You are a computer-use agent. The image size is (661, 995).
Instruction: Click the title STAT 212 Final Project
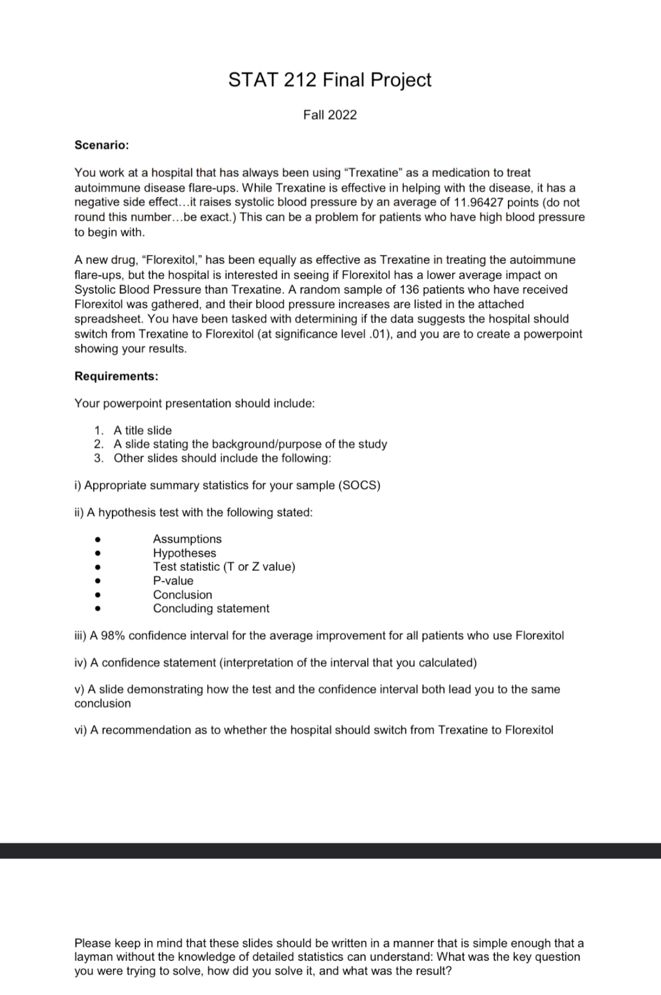330,80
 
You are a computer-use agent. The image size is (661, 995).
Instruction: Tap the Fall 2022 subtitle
330,115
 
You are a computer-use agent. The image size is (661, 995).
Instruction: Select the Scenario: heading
102,145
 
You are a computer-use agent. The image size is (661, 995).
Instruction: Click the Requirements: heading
116,376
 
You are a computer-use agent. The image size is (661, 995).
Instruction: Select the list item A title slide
143,430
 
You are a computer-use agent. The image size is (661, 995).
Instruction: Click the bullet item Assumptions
187,539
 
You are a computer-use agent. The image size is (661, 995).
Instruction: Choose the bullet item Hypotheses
185,553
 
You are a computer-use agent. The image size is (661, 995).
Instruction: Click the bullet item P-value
173,580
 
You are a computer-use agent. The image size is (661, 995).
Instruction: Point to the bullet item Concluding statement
211,608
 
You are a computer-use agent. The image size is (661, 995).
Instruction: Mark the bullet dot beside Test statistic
97,567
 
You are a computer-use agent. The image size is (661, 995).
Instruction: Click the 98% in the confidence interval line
112,636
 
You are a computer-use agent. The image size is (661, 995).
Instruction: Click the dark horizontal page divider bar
330,850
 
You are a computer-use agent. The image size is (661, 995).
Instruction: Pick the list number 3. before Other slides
98,458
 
